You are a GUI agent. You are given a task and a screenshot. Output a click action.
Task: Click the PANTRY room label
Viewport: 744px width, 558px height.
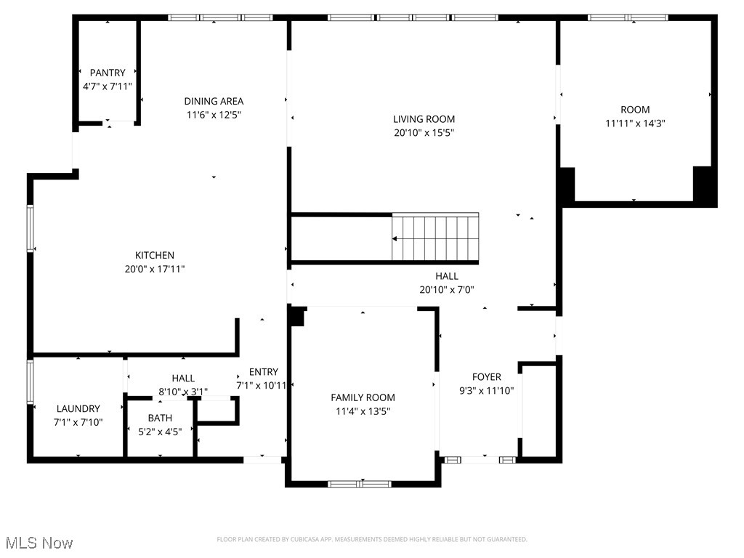(x=108, y=73)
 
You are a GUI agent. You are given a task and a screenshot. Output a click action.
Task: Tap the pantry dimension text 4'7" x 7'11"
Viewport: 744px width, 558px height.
(x=108, y=86)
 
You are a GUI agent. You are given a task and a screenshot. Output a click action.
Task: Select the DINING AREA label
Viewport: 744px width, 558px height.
(x=214, y=101)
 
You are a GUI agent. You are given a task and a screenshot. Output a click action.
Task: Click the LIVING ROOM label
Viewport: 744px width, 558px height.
(x=424, y=119)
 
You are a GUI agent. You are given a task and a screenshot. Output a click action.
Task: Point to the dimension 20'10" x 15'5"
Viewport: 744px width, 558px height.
(x=424, y=133)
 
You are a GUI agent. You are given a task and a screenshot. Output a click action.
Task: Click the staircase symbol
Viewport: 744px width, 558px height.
(x=435, y=238)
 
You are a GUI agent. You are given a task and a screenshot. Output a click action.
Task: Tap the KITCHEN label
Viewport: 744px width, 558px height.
(x=155, y=255)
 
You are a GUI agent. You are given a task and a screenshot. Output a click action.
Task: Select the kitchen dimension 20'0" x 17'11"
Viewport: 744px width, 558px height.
(x=155, y=269)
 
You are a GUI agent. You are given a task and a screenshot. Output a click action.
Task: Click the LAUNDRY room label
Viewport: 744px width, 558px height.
(x=78, y=409)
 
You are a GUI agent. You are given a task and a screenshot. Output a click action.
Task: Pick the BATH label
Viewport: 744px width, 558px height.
(x=160, y=418)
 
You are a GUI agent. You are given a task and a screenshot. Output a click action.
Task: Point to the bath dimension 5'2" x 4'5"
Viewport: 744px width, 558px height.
(x=160, y=432)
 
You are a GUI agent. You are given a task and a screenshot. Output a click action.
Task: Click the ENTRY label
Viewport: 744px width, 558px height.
(x=263, y=372)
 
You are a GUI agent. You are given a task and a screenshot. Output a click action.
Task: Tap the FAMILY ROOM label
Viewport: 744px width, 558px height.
(x=363, y=397)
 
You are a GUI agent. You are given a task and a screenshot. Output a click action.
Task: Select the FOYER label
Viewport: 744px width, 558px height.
(x=486, y=377)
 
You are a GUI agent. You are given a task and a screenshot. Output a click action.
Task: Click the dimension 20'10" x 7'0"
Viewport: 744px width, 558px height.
(x=447, y=290)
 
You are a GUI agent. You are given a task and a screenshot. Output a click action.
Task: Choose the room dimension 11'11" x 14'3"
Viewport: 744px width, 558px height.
(x=635, y=124)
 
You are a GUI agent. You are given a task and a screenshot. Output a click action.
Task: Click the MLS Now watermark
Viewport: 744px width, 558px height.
(x=39, y=543)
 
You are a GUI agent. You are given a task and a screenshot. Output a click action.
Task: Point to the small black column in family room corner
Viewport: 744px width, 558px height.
(x=296, y=317)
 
